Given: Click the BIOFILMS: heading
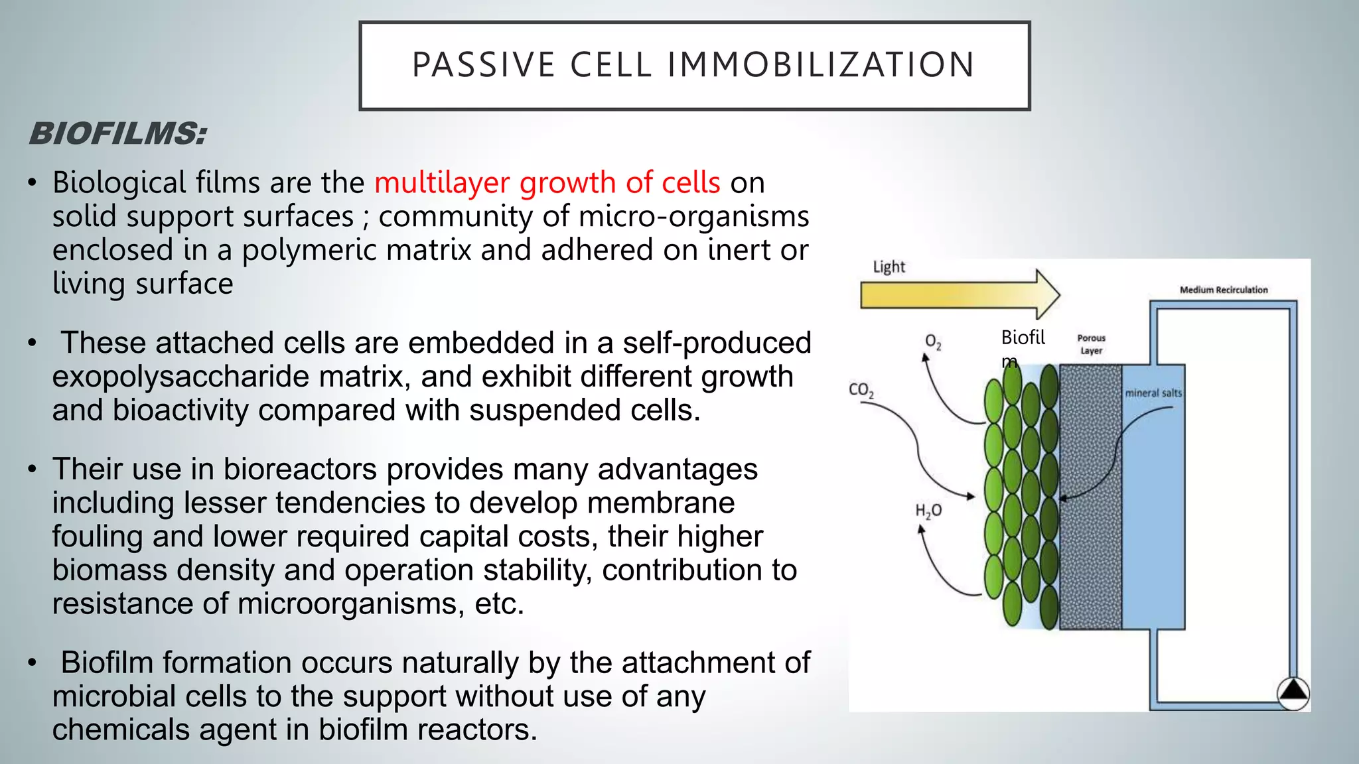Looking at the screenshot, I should (x=118, y=134).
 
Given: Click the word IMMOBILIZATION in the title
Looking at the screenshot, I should (x=821, y=65).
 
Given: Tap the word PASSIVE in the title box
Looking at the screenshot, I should (x=483, y=65).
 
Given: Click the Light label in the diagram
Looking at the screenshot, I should (x=889, y=267).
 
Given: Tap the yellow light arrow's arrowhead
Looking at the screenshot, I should (x=1047, y=294).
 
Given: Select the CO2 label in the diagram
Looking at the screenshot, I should (x=861, y=390).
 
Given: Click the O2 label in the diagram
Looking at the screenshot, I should (x=933, y=342).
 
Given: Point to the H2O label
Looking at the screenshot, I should (x=928, y=511).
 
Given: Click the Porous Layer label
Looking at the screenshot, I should (x=1091, y=344).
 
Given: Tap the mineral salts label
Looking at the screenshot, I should (x=1153, y=393).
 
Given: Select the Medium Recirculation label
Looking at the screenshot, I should (x=1223, y=290).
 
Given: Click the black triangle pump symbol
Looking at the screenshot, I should (x=1293, y=692).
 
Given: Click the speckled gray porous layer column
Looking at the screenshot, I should (x=1090, y=497).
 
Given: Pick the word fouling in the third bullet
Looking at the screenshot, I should (x=97, y=537).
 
